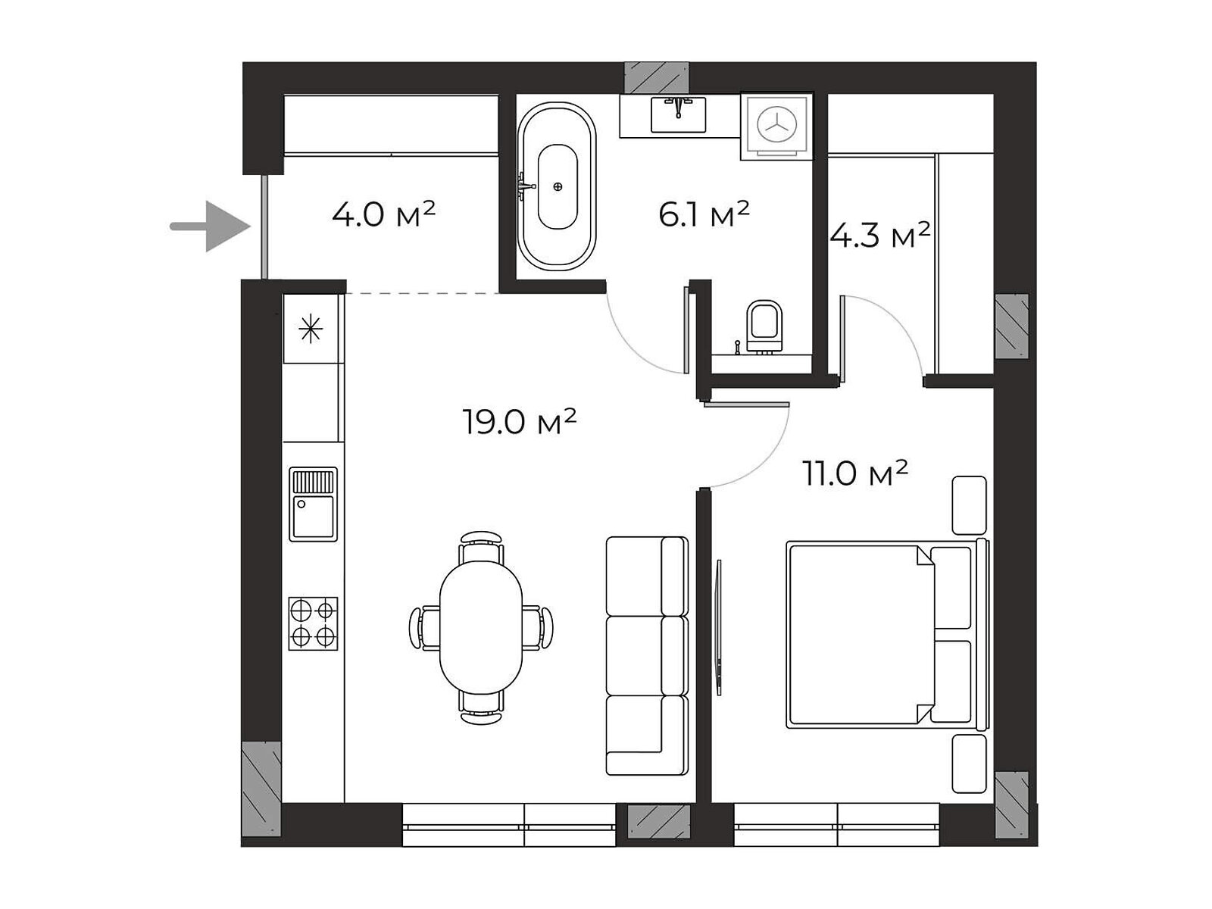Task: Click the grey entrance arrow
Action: coord(210,226)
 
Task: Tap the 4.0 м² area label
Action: coord(384,214)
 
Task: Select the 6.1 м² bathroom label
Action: coord(704,214)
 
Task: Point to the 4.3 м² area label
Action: coord(880,235)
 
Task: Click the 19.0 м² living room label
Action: coord(519,422)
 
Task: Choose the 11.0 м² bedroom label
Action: coord(855,473)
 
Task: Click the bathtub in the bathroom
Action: coord(557,186)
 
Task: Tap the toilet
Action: coord(764,326)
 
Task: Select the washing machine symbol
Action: coord(776,126)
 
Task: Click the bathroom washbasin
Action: coord(679,114)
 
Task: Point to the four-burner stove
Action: coord(313,623)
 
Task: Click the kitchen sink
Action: coord(313,504)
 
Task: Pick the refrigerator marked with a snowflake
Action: coord(311,329)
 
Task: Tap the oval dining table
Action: coord(480,627)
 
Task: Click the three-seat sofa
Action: coord(647,656)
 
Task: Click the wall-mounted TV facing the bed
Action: coord(718,627)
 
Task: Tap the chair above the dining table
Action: coord(481,546)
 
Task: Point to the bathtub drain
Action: coord(558,186)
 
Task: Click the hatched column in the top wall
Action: coord(657,77)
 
